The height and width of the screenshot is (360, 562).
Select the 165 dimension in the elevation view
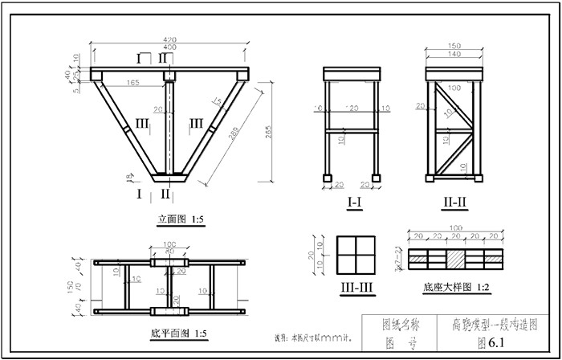coord(133,82)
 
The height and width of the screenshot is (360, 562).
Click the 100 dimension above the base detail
coord(455,228)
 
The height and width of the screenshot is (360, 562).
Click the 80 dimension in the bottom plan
coord(169,252)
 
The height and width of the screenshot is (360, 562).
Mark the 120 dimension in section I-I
coord(351,108)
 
